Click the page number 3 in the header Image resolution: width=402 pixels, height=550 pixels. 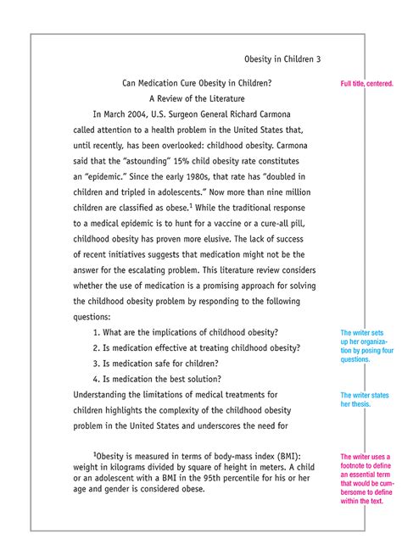(319, 59)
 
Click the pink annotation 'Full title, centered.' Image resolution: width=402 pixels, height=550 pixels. (366, 85)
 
